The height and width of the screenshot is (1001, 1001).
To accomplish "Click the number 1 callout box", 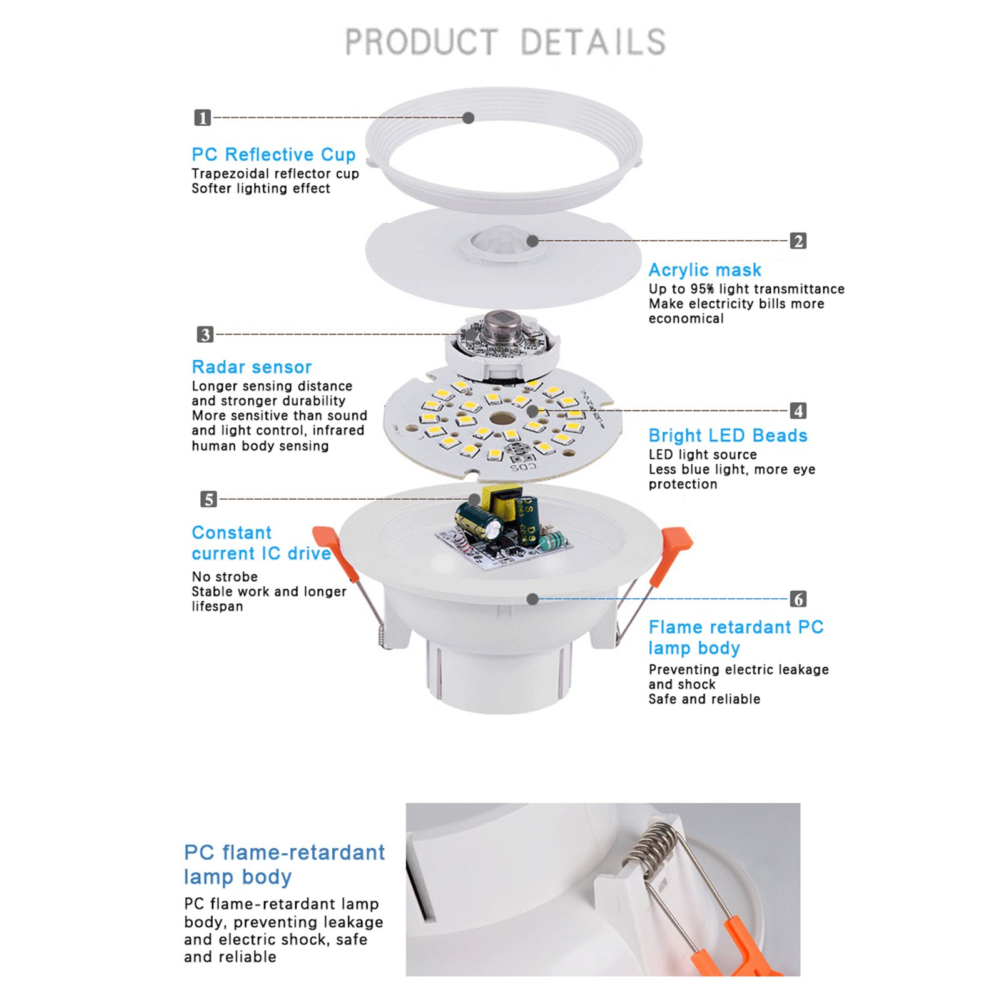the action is point(202,118).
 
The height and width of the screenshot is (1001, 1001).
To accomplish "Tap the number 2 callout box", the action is point(798,241).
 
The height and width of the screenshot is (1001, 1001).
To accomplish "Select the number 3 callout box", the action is point(205,334).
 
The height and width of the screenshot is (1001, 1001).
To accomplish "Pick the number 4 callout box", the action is point(798,410).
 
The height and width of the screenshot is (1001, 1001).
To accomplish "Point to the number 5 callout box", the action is point(208,499).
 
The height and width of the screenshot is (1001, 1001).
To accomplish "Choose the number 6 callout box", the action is point(798,599).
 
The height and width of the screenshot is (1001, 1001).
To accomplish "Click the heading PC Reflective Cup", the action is point(273,155).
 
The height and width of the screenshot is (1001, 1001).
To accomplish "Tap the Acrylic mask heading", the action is point(705,270).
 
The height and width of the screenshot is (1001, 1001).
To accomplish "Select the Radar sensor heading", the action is point(252,367).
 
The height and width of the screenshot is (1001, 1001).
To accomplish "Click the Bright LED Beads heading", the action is point(728,435).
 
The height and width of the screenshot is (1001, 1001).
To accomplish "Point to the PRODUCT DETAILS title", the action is point(506,43).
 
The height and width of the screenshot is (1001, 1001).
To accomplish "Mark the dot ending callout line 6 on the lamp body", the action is point(532,599).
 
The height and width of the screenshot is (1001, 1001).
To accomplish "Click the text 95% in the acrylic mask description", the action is point(702,289).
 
